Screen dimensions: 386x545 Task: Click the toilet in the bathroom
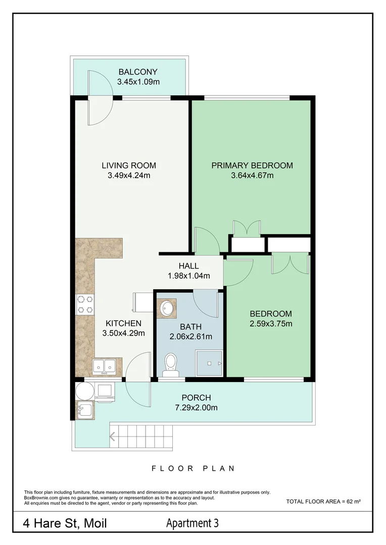(171, 365)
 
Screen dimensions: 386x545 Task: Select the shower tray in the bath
(209, 363)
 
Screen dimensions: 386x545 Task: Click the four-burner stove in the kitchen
(85, 304)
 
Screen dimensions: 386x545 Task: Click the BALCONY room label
(138, 72)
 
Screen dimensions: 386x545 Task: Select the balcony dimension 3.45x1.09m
(138, 82)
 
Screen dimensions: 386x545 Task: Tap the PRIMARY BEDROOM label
(252, 166)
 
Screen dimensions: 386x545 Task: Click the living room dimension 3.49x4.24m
(129, 176)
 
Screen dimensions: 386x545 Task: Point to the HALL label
(188, 266)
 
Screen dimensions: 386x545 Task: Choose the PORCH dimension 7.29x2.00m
(197, 408)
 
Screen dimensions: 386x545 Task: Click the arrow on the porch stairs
(113, 436)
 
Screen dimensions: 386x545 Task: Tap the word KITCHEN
(124, 323)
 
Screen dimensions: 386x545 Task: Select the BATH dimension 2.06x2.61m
(191, 337)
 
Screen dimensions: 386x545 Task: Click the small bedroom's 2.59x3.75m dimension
(271, 324)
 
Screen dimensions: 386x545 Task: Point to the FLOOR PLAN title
(193, 468)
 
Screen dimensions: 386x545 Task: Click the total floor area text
(323, 502)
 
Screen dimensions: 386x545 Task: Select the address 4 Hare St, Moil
(65, 523)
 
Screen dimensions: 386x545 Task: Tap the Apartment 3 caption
(192, 523)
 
